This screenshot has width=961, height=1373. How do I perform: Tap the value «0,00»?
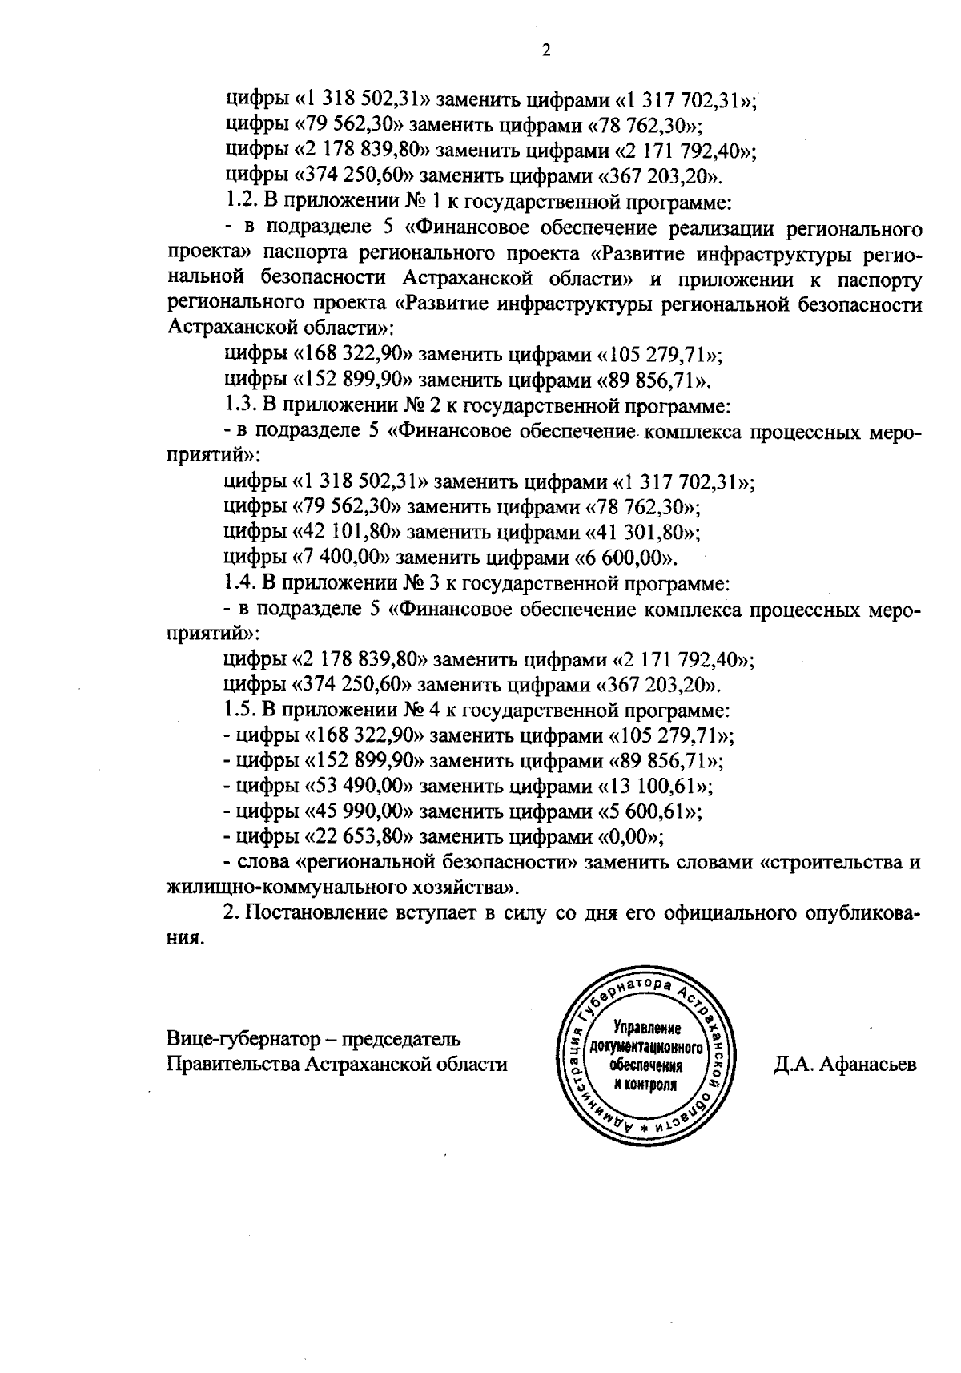pyautogui.click(x=632, y=837)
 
